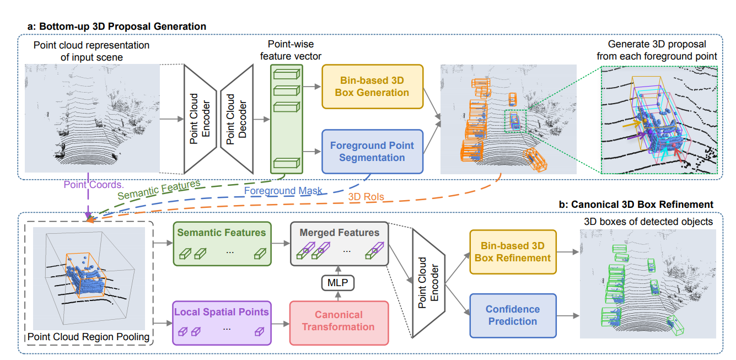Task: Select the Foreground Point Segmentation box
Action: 372,151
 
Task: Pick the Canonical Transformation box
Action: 339,321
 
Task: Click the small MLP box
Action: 339,283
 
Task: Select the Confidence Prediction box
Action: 513,315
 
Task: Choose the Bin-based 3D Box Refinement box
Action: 513,251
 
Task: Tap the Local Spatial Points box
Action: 222,322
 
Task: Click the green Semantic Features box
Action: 222,243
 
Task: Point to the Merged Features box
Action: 339,243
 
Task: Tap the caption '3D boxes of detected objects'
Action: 648,222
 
